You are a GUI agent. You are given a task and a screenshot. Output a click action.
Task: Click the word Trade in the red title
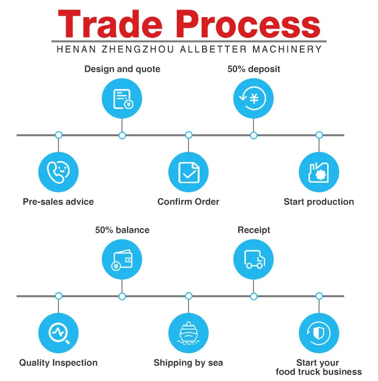pos(112,24)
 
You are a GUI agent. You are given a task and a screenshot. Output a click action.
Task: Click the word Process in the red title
pos(249,24)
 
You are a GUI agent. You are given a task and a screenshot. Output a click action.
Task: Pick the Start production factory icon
pos(319,172)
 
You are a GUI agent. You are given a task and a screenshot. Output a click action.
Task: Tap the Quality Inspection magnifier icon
pos(58,333)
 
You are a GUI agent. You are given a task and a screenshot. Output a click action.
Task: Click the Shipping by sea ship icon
pos(188,333)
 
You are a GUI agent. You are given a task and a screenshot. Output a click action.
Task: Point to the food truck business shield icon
pos(319,333)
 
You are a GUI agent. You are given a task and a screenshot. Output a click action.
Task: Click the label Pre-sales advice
pos(58,202)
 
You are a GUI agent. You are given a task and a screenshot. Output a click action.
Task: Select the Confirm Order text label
pos(188,202)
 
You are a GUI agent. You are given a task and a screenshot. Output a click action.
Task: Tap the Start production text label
pos(319,202)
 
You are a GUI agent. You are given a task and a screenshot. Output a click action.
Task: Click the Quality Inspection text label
pos(58,363)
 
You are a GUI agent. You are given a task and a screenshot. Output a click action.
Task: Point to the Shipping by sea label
pos(188,363)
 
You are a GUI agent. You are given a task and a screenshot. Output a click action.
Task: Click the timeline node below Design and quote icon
pos(122,135)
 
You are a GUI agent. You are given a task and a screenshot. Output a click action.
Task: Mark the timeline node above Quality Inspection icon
pos(58,296)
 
